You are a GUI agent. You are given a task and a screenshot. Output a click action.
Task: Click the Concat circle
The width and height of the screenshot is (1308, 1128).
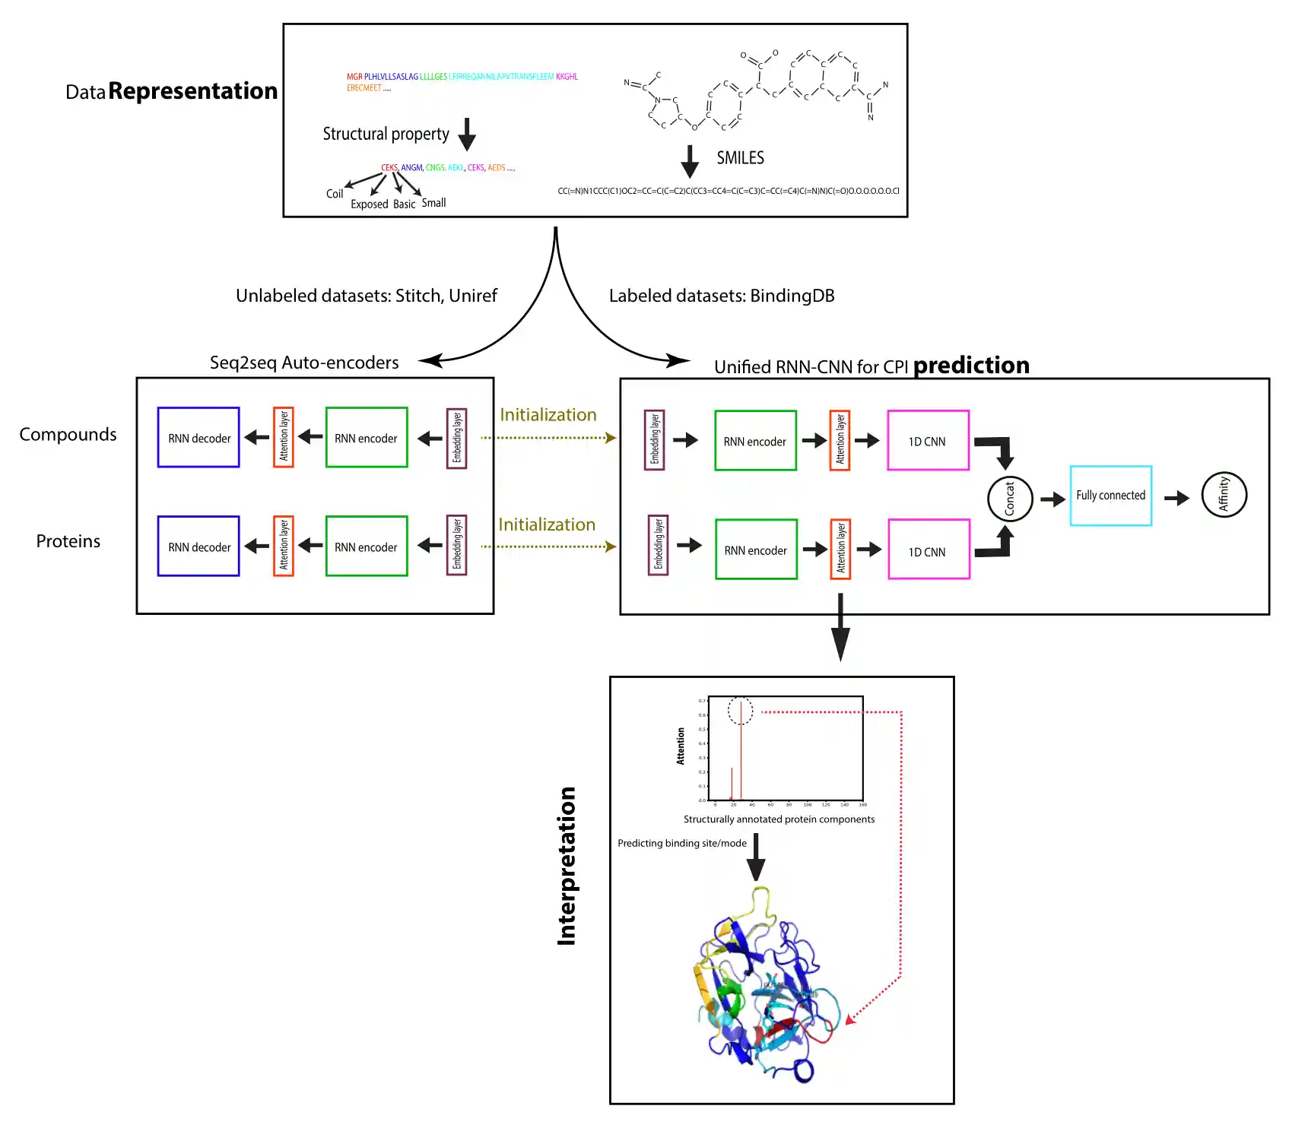coord(1010,499)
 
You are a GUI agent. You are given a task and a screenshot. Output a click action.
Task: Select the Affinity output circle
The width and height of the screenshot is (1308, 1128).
coord(1224,494)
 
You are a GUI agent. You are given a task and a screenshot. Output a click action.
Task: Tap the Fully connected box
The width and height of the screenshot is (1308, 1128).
coord(1110,496)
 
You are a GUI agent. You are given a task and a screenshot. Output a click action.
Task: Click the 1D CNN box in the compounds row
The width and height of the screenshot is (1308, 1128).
coord(928,441)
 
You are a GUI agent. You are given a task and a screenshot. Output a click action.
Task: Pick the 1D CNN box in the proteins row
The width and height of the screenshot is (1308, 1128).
coord(929,550)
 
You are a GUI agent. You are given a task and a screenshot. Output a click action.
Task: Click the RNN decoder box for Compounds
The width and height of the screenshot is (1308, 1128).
coord(198,438)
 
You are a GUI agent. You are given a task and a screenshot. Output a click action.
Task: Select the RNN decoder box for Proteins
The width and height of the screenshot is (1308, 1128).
coord(198,547)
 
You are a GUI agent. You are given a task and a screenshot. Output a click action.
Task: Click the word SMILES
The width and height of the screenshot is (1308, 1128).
coord(740,158)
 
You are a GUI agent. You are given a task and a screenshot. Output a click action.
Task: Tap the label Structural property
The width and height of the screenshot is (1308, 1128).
coord(386,135)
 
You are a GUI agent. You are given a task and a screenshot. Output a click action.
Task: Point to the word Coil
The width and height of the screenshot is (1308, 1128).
coord(335,194)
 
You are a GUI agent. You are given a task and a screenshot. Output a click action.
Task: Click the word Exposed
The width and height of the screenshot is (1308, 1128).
coord(370,204)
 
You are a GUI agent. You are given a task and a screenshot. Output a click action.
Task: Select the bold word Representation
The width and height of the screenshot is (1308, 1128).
coord(193,91)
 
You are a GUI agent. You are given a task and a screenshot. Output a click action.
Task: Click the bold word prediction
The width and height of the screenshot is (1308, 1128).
coord(971,366)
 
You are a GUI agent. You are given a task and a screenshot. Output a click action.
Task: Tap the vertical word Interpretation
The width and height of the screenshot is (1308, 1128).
coord(567,866)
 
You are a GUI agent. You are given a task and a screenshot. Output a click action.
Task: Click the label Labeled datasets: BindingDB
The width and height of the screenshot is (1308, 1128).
coord(722,296)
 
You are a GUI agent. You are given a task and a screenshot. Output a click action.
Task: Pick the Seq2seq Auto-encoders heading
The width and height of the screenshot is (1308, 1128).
coord(304,363)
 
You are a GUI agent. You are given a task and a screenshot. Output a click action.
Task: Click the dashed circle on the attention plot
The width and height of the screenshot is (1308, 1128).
coord(740,711)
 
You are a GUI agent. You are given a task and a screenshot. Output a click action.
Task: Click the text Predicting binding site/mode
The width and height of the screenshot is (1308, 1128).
coord(682,843)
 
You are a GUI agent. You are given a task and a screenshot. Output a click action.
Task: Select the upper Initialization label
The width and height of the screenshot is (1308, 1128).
coord(548,415)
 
